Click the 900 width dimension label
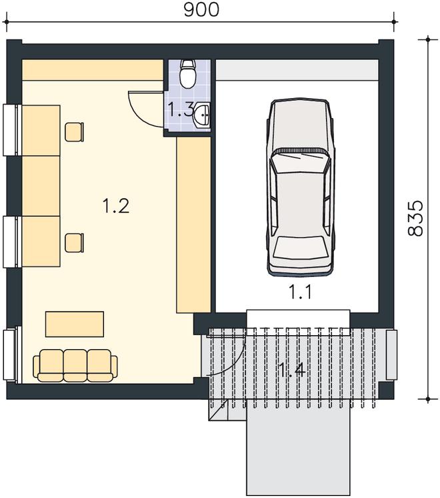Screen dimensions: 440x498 point(201,10)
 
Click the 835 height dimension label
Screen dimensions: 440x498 point(415,218)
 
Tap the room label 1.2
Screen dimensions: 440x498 point(116,206)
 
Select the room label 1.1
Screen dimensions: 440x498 point(300,292)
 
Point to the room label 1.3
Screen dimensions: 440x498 point(180,109)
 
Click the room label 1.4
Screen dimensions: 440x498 point(291,369)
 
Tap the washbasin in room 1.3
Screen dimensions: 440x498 point(202,115)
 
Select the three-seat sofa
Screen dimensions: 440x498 point(75,365)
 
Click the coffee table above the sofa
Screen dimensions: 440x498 point(75,324)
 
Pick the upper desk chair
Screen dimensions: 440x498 point(75,132)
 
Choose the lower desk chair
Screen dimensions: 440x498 point(75,242)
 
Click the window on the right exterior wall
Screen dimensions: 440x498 point(392,354)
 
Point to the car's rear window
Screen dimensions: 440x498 point(300,247)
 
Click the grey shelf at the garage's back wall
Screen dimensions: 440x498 point(297,70)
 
